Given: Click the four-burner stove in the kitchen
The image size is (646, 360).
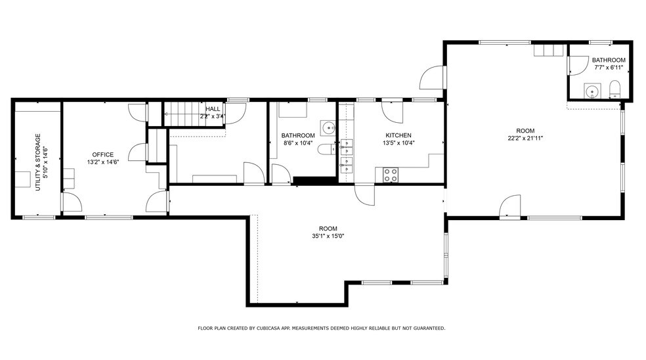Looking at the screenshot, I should (391, 175).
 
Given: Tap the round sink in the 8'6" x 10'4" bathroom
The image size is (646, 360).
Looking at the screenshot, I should (327, 127).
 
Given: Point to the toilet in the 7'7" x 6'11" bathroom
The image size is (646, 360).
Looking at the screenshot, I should (615, 89).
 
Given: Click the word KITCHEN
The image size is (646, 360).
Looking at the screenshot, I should (398, 135).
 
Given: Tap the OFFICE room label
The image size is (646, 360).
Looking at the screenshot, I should (102, 154).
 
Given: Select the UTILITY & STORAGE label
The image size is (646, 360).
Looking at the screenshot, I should (38, 162).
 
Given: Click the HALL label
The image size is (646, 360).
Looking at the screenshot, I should (213, 109).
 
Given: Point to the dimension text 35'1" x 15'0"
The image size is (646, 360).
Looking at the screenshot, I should (328, 236).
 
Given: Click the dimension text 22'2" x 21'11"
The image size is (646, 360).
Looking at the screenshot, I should (525, 138).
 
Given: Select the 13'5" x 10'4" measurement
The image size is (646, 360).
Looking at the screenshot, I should (399, 143).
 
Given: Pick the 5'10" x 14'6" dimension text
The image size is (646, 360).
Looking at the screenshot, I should (45, 162).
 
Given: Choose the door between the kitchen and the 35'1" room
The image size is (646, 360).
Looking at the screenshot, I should (364, 194).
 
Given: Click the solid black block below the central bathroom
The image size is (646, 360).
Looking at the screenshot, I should (314, 181).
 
